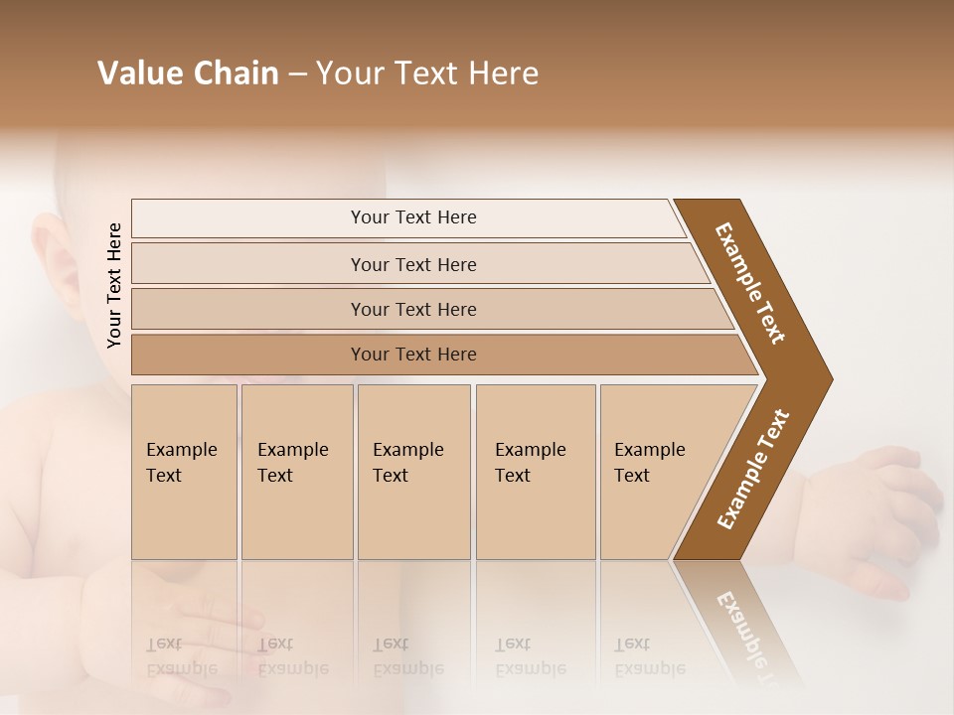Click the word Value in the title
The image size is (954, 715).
(x=138, y=73)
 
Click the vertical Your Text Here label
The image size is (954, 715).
(x=115, y=285)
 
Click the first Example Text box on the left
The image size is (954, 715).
(x=184, y=472)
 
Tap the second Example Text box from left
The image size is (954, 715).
(x=297, y=472)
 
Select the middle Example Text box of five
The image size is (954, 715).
(x=413, y=472)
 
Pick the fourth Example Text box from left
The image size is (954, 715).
(x=536, y=472)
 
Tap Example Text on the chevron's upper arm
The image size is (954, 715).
(x=750, y=283)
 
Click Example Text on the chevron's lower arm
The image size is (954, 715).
(x=752, y=470)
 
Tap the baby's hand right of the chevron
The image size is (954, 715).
(x=874, y=516)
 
